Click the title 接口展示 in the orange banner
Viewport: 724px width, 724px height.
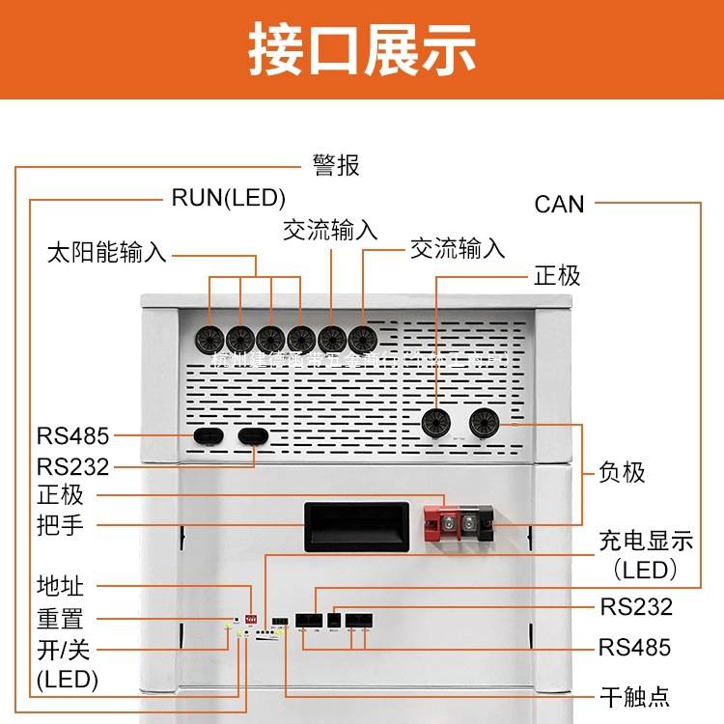(x=362, y=47)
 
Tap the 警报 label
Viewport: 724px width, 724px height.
(x=336, y=166)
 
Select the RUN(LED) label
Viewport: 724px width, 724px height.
(x=229, y=199)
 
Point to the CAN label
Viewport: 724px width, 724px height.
(x=559, y=204)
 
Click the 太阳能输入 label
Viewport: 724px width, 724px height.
(x=106, y=254)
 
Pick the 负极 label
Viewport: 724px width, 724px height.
(x=622, y=473)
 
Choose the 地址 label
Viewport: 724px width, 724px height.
(x=60, y=586)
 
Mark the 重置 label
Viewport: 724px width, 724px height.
(x=60, y=618)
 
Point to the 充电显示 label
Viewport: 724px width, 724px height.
(x=646, y=540)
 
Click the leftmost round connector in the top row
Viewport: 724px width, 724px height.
(x=210, y=338)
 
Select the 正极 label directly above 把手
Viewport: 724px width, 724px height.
(x=60, y=496)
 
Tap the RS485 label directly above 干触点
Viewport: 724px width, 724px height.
(x=634, y=647)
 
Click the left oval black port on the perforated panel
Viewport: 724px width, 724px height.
(x=208, y=435)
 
